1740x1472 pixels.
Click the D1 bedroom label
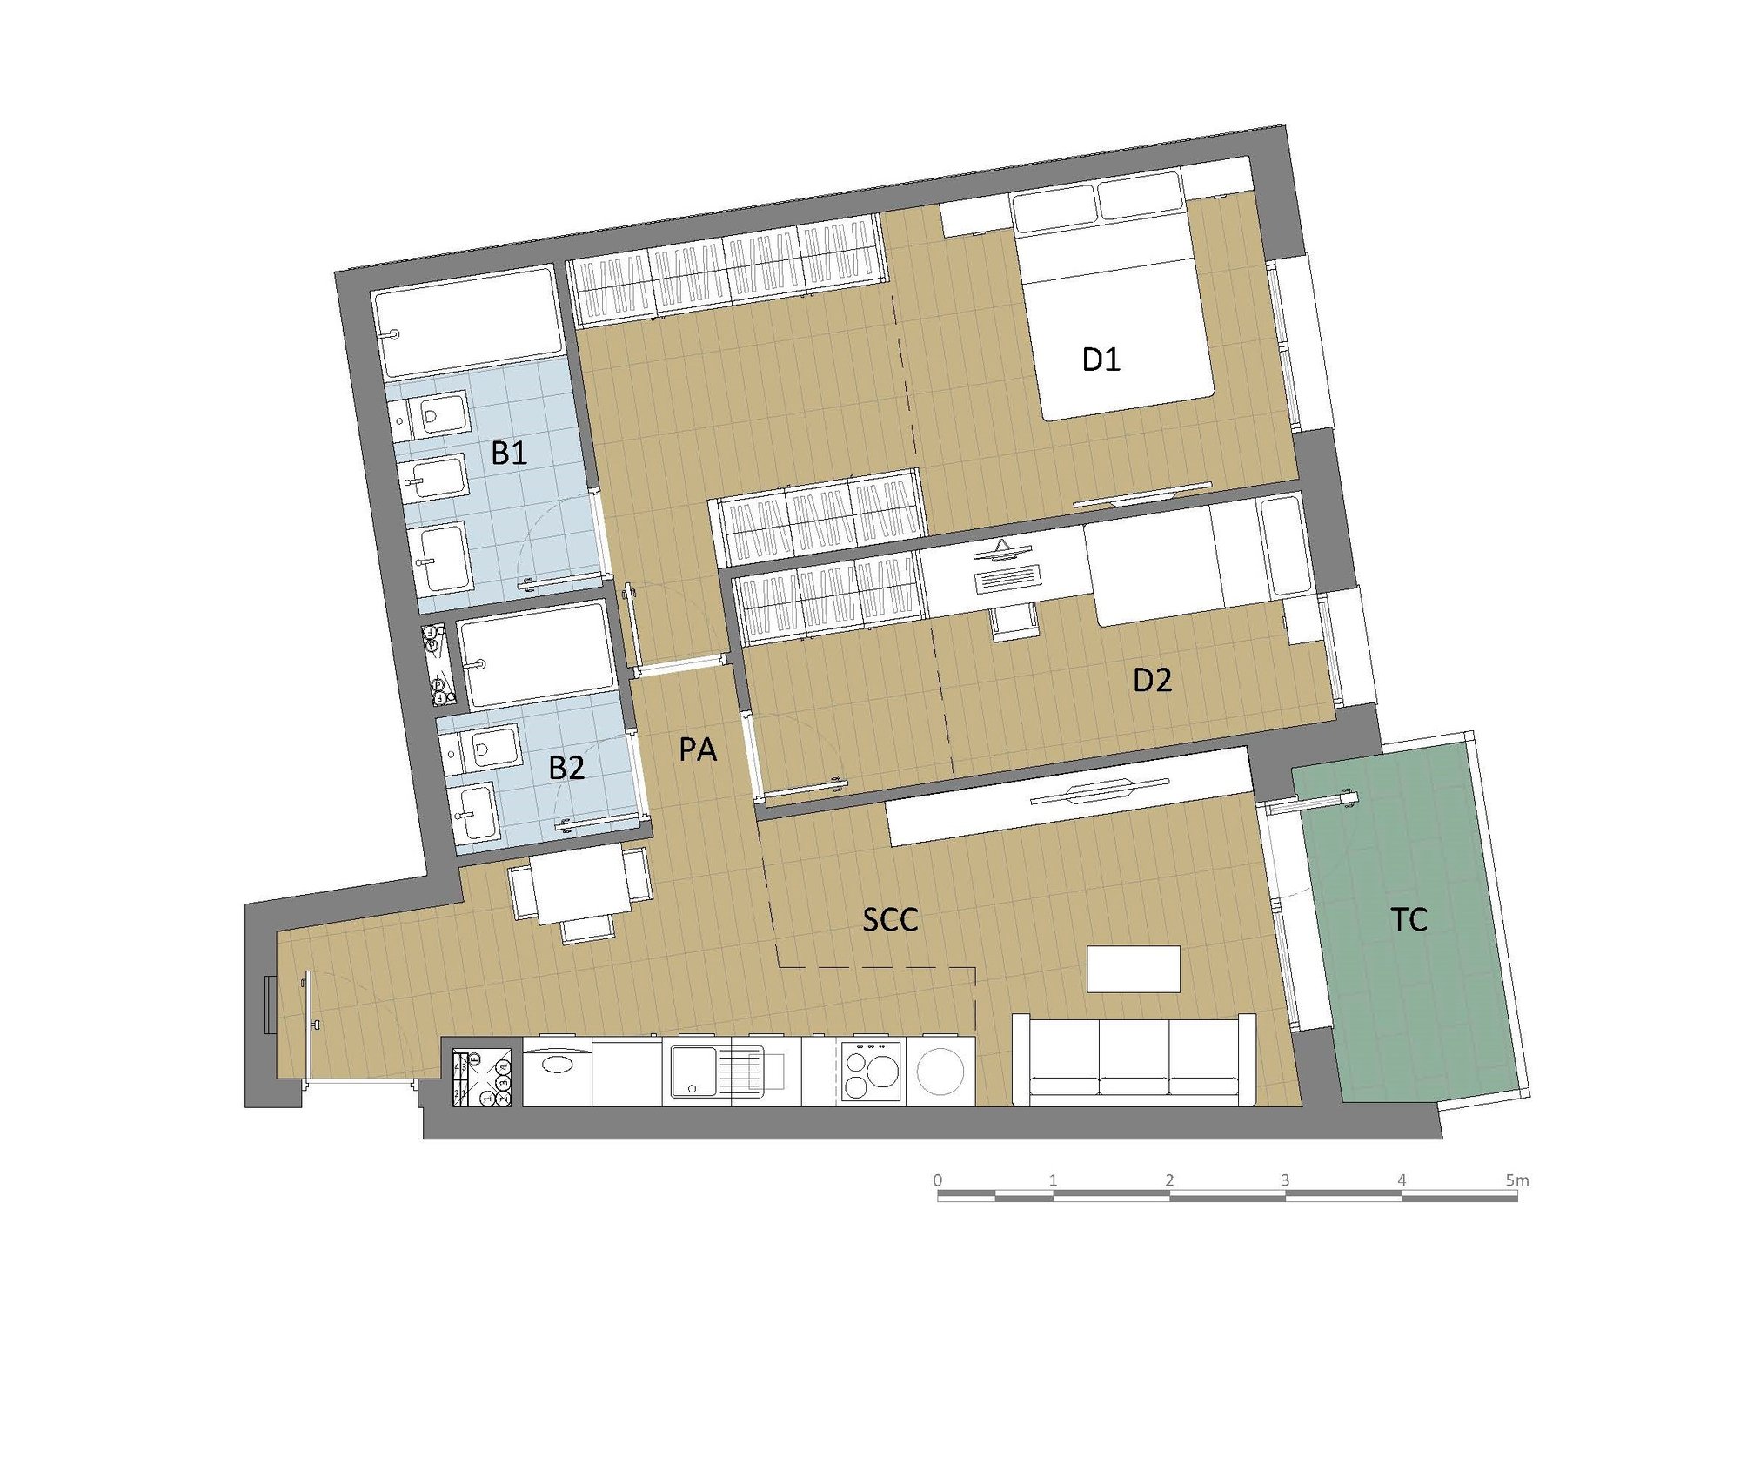(1101, 359)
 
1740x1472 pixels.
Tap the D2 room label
(1152, 680)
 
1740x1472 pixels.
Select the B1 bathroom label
(509, 453)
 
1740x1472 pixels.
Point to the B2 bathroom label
(566, 768)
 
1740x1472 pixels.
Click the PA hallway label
(698, 749)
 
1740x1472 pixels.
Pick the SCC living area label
(890, 920)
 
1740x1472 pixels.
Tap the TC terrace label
(1409, 919)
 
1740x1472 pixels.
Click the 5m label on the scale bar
(1517, 1180)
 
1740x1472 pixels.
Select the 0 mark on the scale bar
(937, 1180)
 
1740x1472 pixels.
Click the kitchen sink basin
(694, 1072)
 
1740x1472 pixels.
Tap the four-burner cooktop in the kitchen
(871, 1072)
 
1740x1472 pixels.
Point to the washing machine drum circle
(940, 1072)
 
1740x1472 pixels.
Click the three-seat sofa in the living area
(1134, 1060)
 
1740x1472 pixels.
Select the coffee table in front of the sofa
(1134, 969)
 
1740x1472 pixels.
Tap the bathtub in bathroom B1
(469, 322)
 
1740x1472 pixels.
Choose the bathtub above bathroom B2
(538, 654)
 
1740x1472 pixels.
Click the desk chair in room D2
(1014, 622)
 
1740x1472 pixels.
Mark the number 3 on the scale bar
(1285, 1180)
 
